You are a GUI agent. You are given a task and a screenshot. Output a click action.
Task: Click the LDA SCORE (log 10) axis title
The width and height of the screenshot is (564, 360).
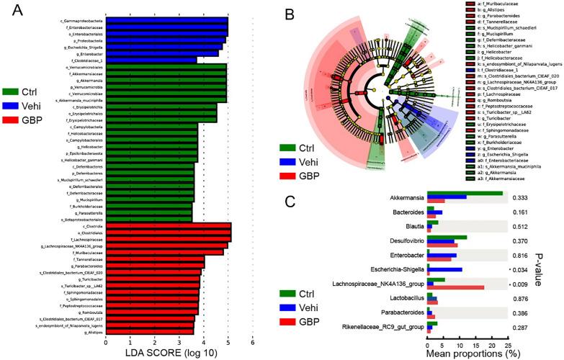(179, 352)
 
